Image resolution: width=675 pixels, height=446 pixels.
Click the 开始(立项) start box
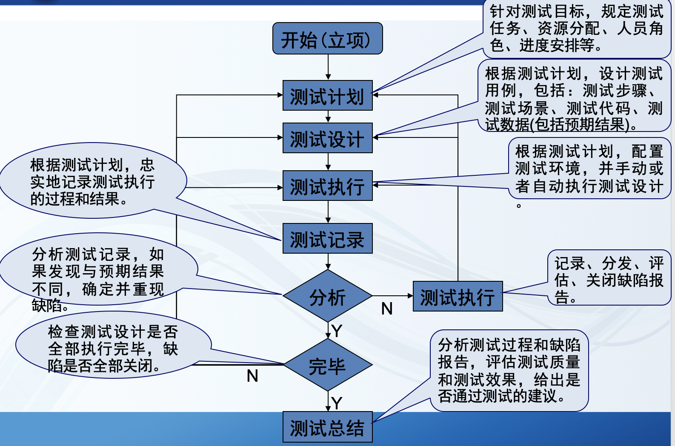pos(327,39)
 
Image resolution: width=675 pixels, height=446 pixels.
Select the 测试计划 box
pos(327,96)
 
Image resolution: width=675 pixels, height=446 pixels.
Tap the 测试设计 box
pos(327,138)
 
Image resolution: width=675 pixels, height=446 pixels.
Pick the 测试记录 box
pos(327,239)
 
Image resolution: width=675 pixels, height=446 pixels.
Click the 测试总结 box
pos(327,427)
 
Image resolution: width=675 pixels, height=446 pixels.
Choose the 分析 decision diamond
pos(327,296)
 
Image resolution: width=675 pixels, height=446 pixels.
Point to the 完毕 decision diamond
pos(327,365)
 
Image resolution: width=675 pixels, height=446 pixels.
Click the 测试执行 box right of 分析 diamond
pos(458,297)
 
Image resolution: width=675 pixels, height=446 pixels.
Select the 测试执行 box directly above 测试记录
pos(327,186)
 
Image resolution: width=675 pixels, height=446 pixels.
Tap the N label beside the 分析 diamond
pos(386,309)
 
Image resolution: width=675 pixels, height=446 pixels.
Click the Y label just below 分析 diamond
pos(337,331)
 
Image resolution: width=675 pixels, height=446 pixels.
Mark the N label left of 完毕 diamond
pos(252,376)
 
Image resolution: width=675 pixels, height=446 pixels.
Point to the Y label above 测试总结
pos(337,403)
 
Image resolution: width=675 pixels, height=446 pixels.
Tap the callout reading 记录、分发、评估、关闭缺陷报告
pos(609,279)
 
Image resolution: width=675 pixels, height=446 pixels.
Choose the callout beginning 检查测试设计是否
pos(113,348)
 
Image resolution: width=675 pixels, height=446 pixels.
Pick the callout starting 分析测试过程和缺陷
pos(509,370)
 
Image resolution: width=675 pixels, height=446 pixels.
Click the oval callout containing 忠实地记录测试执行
pos(92,181)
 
